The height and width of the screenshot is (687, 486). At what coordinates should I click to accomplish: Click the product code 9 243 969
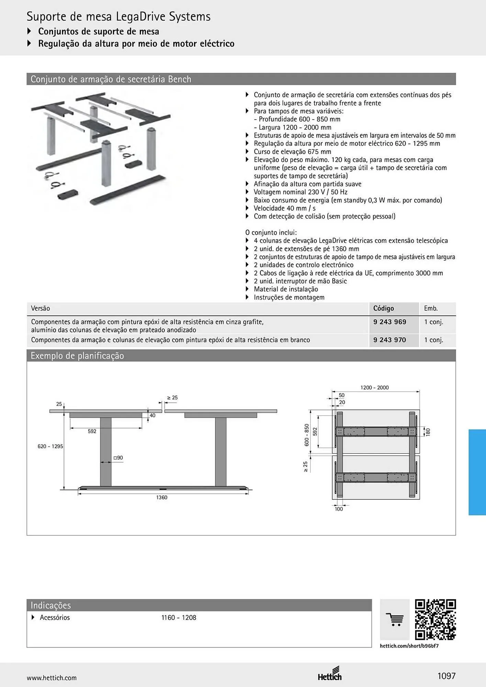[389, 322]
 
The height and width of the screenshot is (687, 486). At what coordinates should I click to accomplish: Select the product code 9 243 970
[389, 340]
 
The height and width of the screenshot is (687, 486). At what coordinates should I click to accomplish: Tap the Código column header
[384, 308]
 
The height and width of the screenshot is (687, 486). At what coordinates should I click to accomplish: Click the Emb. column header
[431, 308]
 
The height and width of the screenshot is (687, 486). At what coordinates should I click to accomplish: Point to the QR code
[435, 620]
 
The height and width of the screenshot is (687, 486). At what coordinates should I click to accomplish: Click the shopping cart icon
[395, 620]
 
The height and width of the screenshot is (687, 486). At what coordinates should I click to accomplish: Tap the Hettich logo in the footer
[330, 674]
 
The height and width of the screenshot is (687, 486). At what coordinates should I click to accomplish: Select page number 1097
[446, 676]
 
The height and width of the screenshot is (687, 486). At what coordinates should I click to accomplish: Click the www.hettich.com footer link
[52, 678]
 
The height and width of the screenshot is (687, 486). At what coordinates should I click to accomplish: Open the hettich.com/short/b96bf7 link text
[409, 646]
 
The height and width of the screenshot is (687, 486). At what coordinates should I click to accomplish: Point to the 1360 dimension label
[162, 497]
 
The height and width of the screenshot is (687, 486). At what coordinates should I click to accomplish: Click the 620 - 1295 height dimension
[50, 446]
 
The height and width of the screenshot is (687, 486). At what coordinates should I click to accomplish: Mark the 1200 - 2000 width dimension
[375, 387]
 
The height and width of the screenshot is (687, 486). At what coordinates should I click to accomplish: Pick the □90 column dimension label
[118, 458]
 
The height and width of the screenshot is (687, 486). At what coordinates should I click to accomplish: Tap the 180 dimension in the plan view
[428, 432]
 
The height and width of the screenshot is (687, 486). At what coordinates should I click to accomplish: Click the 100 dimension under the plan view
[339, 509]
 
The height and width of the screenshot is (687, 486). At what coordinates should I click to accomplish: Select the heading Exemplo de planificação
[77, 356]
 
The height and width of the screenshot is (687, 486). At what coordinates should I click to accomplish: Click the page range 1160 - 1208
[179, 618]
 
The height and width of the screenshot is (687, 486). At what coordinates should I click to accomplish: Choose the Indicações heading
[51, 605]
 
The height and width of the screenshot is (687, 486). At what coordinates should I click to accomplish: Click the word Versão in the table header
[40, 308]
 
